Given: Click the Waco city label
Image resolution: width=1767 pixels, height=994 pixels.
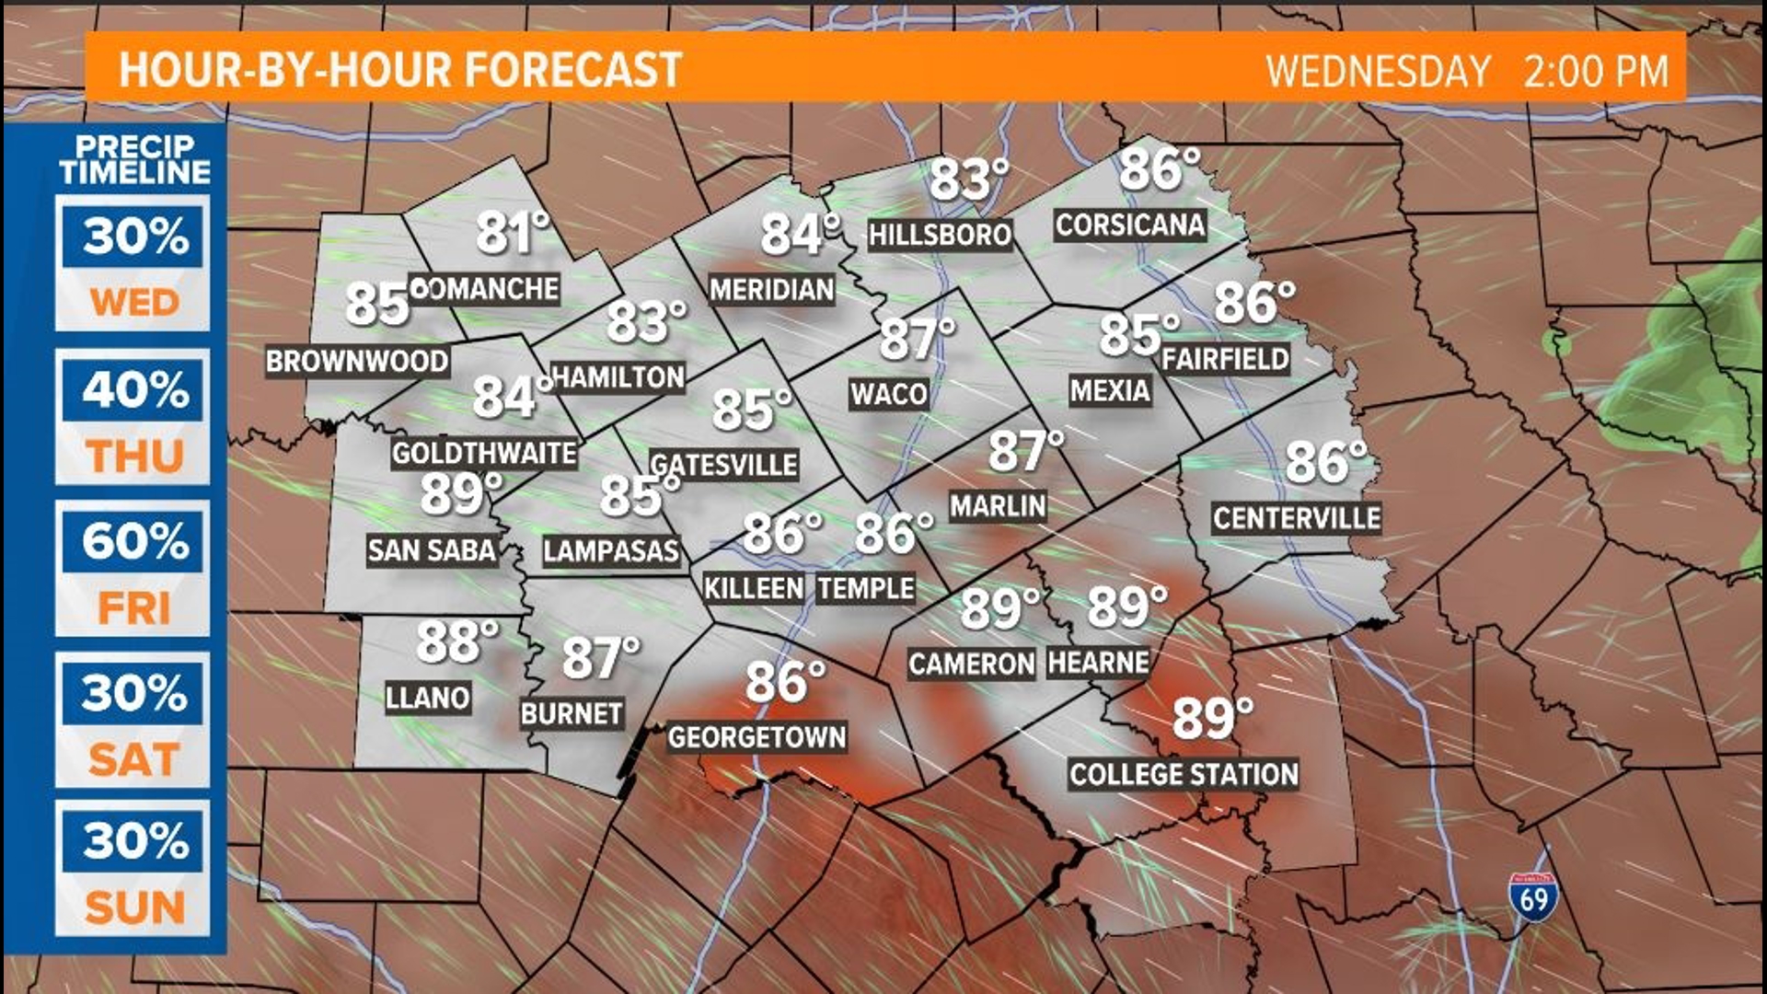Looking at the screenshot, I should (x=888, y=395).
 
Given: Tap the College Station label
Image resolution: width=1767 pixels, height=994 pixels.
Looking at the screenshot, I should (x=1184, y=774).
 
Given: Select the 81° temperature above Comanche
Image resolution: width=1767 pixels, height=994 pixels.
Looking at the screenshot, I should (x=513, y=233).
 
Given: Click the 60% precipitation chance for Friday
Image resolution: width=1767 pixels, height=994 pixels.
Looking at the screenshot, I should (x=134, y=542).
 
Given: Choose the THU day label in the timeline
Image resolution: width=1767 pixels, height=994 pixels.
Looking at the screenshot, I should (x=134, y=457).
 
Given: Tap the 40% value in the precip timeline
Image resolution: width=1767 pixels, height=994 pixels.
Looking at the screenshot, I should (x=134, y=390).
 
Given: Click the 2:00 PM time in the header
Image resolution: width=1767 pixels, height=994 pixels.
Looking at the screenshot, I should (x=1595, y=72).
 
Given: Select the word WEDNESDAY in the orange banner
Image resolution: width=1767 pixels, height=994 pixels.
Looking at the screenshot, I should (x=1378, y=72).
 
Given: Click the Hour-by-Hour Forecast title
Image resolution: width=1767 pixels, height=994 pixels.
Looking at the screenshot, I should (x=400, y=70).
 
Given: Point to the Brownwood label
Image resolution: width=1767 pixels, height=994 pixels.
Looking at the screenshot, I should (x=357, y=361).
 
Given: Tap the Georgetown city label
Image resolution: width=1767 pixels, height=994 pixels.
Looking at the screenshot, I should (x=756, y=737).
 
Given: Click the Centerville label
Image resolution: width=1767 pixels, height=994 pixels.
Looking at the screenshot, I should (x=1296, y=518).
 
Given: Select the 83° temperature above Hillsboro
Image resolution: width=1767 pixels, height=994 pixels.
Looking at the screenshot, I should (x=968, y=179).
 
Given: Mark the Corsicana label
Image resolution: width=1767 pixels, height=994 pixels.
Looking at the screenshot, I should (x=1129, y=225).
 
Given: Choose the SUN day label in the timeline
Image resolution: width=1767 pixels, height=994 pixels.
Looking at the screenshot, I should (x=134, y=908).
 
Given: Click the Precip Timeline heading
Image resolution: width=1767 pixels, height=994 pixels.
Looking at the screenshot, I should (x=135, y=159).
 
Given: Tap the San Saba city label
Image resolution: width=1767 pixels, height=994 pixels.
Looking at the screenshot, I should (x=432, y=550).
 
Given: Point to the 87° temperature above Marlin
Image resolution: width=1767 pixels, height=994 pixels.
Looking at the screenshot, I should (x=1025, y=451).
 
